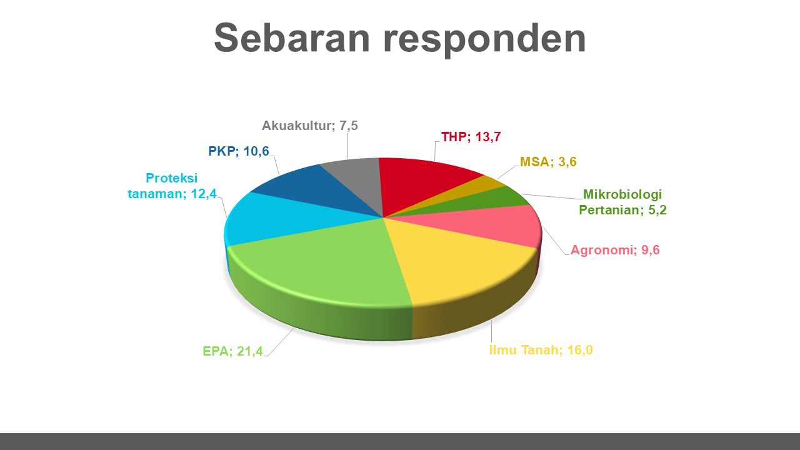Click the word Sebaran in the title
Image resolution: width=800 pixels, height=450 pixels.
click(x=292, y=38)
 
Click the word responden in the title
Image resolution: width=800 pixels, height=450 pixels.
click(x=485, y=40)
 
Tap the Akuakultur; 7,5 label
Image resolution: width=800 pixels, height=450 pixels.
click(x=309, y=126)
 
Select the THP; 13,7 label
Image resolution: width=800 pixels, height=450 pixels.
click(x=471, y=137)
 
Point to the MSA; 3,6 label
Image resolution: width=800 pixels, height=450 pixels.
click(x=548, y=162)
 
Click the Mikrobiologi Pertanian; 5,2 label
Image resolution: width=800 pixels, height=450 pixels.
click(x=622, y=202)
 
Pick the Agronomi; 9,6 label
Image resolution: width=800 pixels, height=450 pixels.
click(x=615, y=250)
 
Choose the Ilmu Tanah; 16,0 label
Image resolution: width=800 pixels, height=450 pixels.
click(x=541, y=350)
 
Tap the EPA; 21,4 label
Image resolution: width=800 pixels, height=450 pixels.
click(x=233, y=351)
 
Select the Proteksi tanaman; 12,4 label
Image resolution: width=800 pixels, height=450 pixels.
click(x=172, y=186)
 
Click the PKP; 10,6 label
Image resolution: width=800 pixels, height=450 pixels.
click(x=239, y=151)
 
